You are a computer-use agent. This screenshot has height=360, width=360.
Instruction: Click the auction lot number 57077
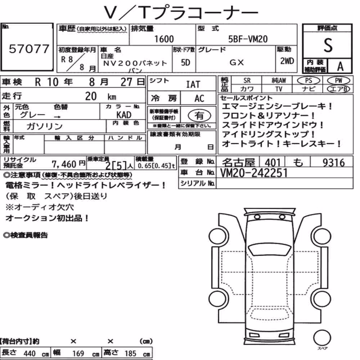coord(29,49)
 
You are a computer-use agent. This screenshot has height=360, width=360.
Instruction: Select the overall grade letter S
coord(328,45)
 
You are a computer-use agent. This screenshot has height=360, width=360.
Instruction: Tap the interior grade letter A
coord(340,67)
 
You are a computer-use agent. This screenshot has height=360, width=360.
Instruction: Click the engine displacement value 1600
coord(164,39)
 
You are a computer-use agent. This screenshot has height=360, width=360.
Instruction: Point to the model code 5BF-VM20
coord(248,39)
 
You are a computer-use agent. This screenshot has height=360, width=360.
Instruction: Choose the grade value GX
coord(237,62)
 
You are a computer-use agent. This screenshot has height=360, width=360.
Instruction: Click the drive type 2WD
coord(287,61)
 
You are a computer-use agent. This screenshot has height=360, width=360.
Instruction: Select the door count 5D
coord(185,62)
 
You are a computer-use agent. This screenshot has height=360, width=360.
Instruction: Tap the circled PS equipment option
coord(309,81)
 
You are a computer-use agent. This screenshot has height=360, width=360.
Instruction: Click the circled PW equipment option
coord(338,81)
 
